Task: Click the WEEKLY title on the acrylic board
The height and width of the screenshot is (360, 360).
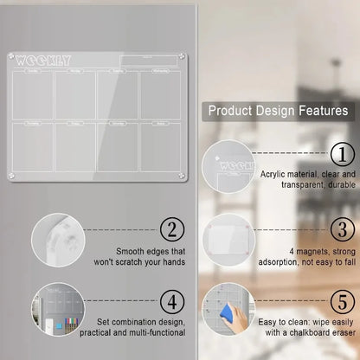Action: click(x=43, y=60)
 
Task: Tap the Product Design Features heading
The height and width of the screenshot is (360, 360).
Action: click(x=277, y=111)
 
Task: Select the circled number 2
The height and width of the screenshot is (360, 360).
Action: click(x=173, y=229)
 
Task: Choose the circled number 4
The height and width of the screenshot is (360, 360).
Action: click(x=173, y=302)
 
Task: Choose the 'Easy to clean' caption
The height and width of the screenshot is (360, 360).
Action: click(x=306, y=328)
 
